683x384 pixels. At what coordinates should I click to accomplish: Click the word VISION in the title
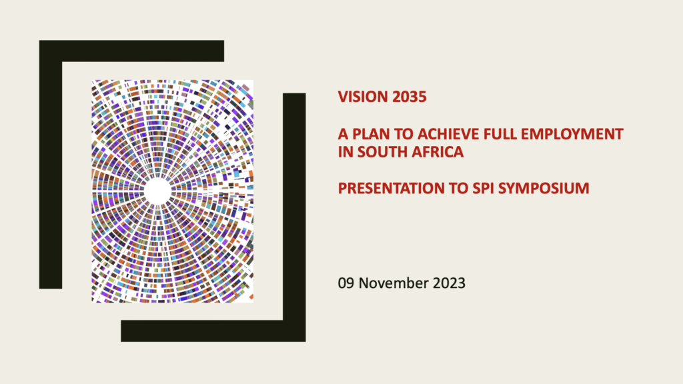pos(363,97)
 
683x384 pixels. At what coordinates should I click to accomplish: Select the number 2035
pos(409,97)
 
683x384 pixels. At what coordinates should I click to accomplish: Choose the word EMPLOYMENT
pos(572,133)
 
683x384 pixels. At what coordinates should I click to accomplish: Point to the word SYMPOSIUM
pos(544,188)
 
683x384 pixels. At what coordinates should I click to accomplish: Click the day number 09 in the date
pos(346,283)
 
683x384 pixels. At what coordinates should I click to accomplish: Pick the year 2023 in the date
pos(449,283)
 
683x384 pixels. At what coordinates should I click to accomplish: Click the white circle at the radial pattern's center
pos(157,191)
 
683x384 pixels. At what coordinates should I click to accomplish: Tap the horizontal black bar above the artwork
pos(131,51)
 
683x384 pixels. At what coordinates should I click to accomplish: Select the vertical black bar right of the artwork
pos(294,217)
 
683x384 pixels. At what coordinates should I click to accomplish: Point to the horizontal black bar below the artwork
pos(213,331)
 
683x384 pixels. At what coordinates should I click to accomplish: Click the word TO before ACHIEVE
pos(404,133)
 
